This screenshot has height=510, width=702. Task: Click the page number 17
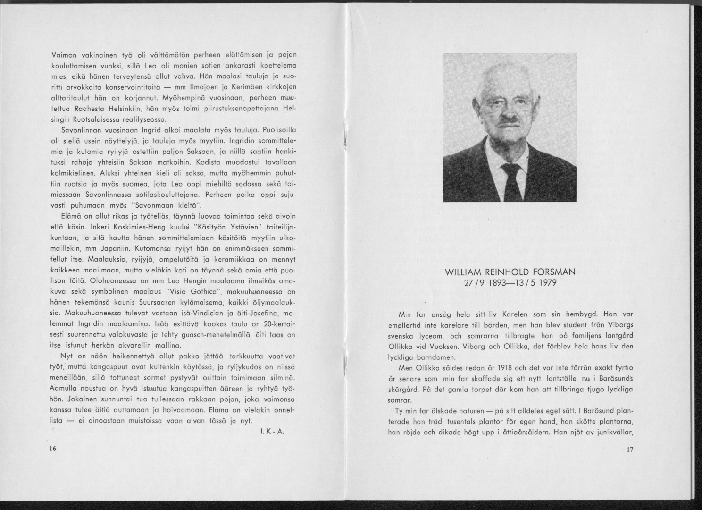point(629,449)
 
